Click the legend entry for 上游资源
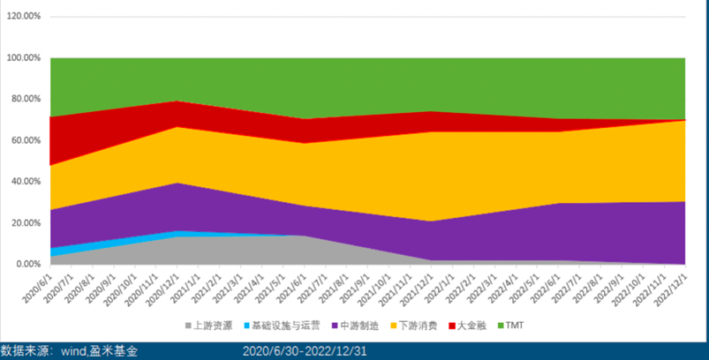coord(215,326)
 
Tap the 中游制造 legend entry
coord(358,326)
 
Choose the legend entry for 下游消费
coord(418,326)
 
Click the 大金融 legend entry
coord(473,326)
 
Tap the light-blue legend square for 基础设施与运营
coord(247,326)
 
